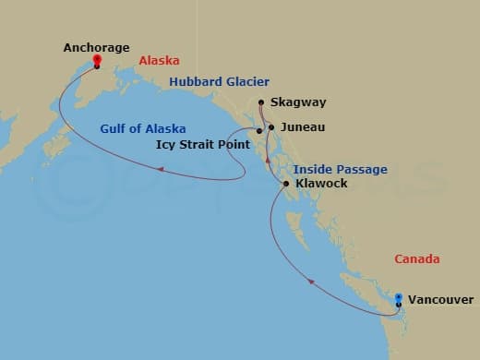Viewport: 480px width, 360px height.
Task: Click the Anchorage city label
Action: [x=96, y=47]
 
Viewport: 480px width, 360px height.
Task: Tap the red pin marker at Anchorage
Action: [x=97, y=61]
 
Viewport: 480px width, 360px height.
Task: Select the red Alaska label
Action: [x=159, y=62]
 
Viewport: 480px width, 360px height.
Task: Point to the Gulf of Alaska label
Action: [x=144, y=128]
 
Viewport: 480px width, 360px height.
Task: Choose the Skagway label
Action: [x=292, y=103]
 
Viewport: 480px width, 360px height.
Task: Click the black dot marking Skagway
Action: [x=262, y=102]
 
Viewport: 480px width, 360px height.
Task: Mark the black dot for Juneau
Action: [x=270, y=127]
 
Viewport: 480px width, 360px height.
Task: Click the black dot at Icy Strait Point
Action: [x=259, y=131]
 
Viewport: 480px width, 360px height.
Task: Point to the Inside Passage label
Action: [x=341, y=169]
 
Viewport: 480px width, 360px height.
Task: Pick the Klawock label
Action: [x=321, y=184]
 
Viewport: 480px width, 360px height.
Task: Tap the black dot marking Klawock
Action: [x=287, y=184]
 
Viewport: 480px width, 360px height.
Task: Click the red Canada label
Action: [x=417, y=258]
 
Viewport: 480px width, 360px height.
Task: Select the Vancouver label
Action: [x=441, y=300]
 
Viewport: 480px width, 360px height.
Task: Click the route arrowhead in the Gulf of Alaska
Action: [x=161, y=169]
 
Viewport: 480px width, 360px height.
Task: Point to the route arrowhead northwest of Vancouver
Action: [x=311, y=281]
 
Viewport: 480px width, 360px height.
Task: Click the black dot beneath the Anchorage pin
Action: [x=97, y=66]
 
